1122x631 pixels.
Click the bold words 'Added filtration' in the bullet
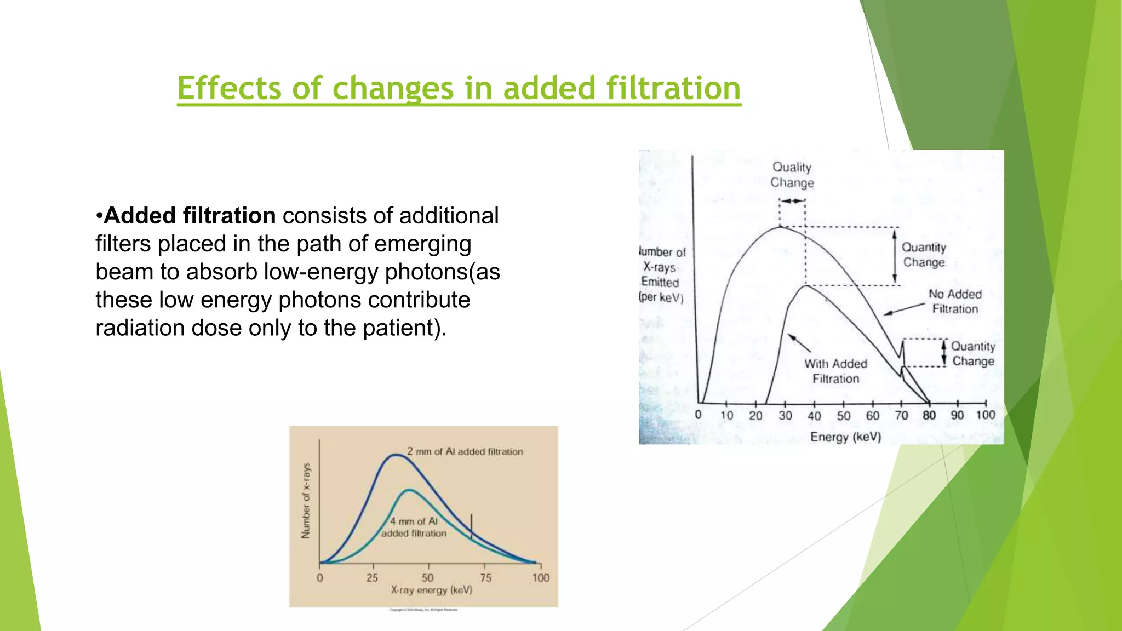[x=190, y=216]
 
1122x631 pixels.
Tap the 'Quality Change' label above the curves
[x=792, y=175]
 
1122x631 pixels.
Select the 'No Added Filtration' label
[x=955, y=301]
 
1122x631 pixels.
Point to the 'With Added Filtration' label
[x=835, y=371]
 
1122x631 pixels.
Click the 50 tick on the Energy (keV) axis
[x=843, y=415]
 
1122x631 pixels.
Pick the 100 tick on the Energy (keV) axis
[x=985, y=415]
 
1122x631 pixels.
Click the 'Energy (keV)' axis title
[x=845, y=437]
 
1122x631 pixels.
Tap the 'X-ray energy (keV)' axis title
[x=431, y=590]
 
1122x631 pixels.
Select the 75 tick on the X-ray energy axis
[x=485, y=577]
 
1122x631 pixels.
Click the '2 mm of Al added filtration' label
[x=465, y=451]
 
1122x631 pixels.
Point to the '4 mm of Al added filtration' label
[x=414, y=527]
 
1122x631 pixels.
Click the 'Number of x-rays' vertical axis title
[x=306, y=500]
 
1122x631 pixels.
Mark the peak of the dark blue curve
[x=396, y=455]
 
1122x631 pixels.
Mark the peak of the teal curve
[x=409, y=490]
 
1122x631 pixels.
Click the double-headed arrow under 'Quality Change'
[x=792, y=201]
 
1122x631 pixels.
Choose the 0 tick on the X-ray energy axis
[x=320, y=577]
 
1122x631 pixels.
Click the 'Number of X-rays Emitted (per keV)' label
[x=662, y=274]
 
